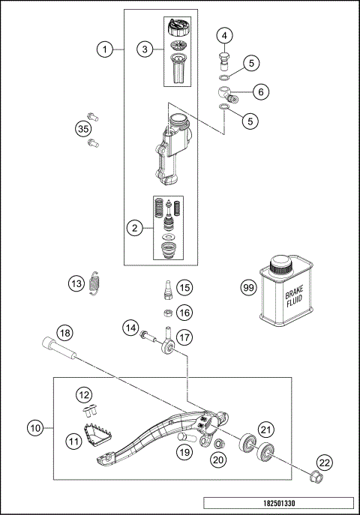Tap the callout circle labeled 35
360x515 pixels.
tap(84, 129)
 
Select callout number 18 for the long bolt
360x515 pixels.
tap(65, 333)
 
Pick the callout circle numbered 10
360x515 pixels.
tap(36, 429)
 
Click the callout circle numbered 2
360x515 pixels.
tap(136, 228)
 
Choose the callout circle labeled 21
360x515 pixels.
tap(265, 428)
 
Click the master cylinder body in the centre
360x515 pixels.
tap(171, 149)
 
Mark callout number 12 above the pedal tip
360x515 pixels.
tap(85, 394)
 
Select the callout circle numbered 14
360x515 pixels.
tap(130, 327)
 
